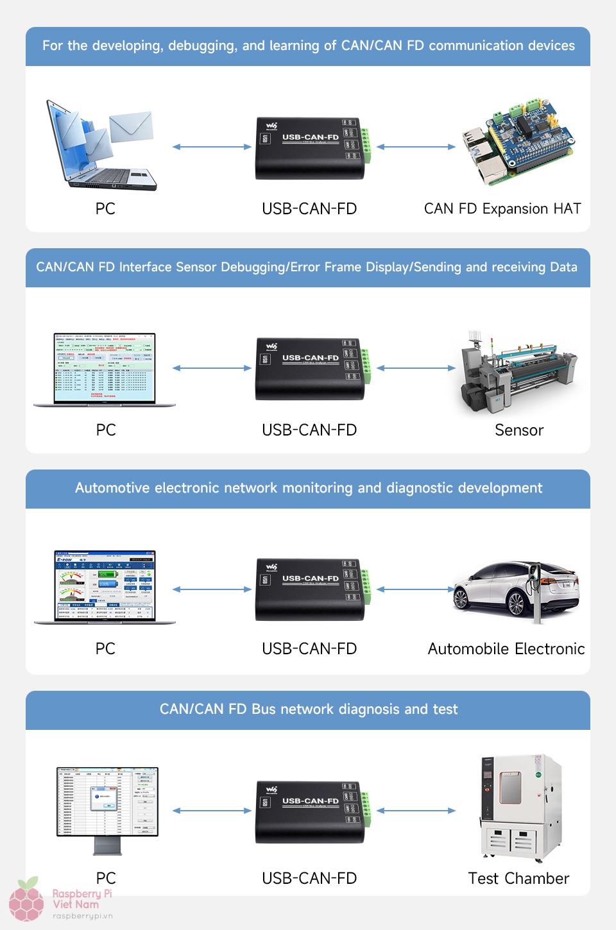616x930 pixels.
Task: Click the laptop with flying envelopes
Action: click(x=101, y=146)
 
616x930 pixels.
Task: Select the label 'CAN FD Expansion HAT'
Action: click(x=502, y=209)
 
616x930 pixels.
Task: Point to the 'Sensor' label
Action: click(x=519, y=430)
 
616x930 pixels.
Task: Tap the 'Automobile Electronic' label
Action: click(x=506, y=649)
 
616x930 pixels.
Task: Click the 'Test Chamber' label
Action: click(x=518, y=879)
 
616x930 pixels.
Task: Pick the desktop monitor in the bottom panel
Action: click(x=107, y=807)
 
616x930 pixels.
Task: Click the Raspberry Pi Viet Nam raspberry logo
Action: click(x=27, y=899)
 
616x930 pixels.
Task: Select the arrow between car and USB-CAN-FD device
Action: click(x=416, y=589)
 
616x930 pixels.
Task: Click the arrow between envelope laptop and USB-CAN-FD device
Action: click(x=212, y=147)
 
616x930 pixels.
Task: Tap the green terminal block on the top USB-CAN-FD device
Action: click(x=366, y=146)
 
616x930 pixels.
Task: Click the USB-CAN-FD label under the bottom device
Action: click(x=309, y=879)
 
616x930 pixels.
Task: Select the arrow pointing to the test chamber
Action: click(x=416, y=811)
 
